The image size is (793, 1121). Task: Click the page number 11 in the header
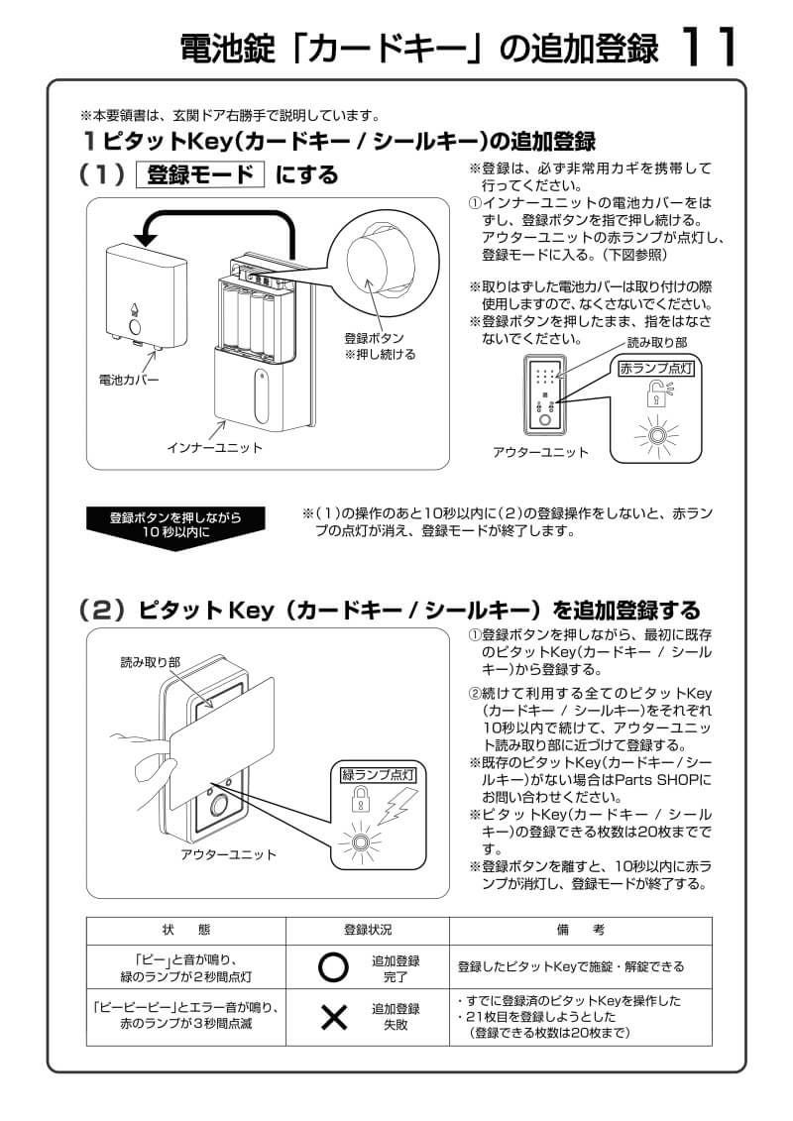pyautogui.click(x=711, y=47)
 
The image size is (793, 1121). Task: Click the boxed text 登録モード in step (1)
pyautogui.click(x=201, y=175)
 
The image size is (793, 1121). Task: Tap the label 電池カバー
pyautogui.click(x=128, y=379)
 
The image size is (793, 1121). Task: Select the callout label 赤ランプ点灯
pyautogui.click(x=655, y=368)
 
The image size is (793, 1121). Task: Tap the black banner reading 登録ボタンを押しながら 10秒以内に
pyautogui.click(x=174, y=523)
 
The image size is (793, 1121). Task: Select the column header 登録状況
pyautogui.click(x=368, y=930)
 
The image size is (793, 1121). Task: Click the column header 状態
pyautogui.click(x=185, y=930)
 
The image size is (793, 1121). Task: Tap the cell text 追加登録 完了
pyautogui.click(x=396, y=968)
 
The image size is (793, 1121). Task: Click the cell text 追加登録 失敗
pyautogui.click(x=396, y=1017)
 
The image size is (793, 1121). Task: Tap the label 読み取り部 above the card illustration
pyautogui.click(x=145, y=661)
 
